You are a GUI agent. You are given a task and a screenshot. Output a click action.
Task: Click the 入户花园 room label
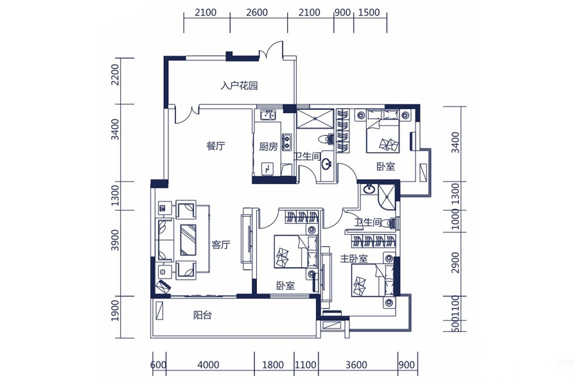point(239,86)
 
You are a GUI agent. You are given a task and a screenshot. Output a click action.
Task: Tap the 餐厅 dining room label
point(216,146)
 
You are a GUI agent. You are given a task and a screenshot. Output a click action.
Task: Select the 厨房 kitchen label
point(268,147)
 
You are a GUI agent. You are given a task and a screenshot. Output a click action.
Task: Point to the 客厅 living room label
point(221,244)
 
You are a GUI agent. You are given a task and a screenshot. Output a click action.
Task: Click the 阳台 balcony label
point(202,315)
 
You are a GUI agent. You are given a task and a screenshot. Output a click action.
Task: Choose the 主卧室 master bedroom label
point(354,259)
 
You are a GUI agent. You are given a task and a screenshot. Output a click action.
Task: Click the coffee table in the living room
point(188,240)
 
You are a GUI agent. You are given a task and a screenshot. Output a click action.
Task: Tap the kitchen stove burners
point(286,142)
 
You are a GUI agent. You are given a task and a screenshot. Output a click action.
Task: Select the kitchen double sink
point(267,116)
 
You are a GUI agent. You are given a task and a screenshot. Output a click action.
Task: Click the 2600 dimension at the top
point(257,13)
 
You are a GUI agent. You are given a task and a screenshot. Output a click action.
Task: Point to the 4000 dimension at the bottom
point(208,365)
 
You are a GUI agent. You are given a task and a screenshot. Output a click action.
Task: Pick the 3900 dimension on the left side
point(116,240)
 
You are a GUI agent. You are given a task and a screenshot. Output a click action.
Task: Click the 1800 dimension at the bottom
point(273,365)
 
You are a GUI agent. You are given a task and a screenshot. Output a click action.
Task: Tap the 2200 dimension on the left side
point(116,75)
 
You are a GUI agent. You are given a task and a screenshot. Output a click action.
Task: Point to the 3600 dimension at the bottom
point(356,365)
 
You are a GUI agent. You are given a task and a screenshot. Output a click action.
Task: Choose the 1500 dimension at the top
point(369,13)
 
